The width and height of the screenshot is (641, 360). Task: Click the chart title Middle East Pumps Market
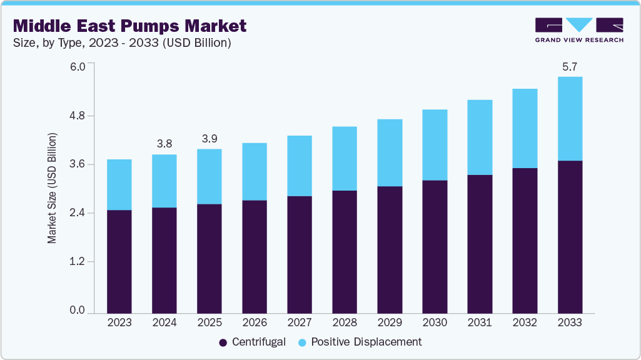click(129, 26)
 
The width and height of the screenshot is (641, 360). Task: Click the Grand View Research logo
click(579, 30)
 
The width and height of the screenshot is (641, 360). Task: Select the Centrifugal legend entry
click(252, 342)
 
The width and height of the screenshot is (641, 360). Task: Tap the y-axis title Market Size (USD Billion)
click(52, 188)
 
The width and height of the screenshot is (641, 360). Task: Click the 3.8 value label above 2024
click(164, 144)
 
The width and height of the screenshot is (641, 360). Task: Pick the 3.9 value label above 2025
click(209, 138)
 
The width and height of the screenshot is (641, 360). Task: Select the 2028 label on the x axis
click(345, 323)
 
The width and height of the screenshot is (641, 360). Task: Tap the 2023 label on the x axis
click(119, 323)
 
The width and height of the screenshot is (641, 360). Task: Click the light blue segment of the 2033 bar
click(570, 119)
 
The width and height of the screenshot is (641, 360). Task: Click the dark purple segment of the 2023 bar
click(119, 261)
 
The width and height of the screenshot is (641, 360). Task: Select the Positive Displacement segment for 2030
click(435, 145)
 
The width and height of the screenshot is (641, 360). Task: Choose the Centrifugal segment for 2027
click(300, 254)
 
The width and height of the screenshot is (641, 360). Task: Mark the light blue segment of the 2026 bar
click(255, 172)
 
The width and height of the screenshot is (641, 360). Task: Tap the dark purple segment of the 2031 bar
click(480, 244)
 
